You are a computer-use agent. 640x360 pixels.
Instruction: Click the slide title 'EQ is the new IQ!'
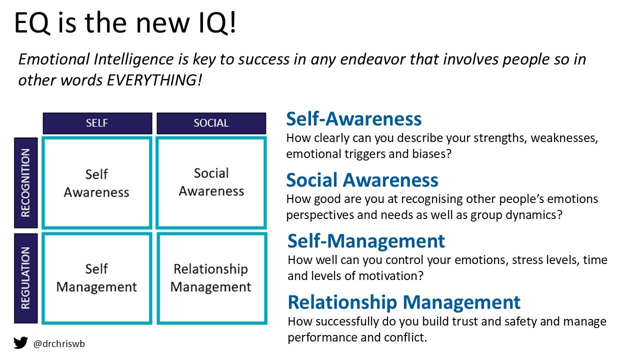[x=125, y=23]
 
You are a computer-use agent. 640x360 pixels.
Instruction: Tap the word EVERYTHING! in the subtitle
[x=154, y=80]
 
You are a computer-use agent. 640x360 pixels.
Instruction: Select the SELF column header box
[x=97, y=123]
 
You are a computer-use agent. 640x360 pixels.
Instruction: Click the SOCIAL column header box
[x=211, y=123]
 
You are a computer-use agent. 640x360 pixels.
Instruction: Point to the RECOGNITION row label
[x=25, y=182]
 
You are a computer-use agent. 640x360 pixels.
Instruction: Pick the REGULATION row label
[x=25, y=278]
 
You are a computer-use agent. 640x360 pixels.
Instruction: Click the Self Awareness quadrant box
[x=96, y=183]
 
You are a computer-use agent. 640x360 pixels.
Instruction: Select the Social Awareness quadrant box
[x=211, y=182]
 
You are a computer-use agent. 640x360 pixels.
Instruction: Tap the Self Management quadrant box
[x=96, y=278]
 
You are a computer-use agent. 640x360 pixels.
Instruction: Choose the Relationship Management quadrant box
[x=211, y=278]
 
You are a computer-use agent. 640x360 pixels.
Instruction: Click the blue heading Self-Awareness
[x=353, y=119]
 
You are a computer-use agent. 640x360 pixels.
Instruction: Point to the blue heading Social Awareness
[x=362, y=180]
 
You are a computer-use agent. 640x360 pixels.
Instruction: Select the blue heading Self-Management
[x=366, y=241]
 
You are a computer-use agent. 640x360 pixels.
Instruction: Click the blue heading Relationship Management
[x=404, y=302]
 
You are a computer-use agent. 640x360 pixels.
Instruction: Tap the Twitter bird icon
[x=20, y=343]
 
